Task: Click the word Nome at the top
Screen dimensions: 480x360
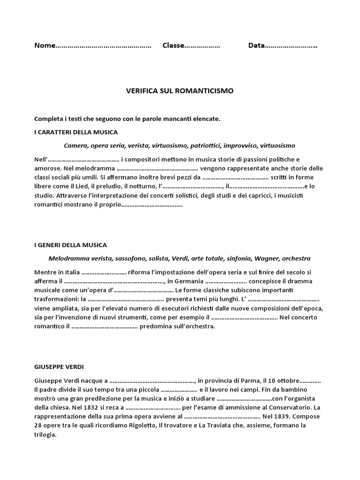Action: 45,46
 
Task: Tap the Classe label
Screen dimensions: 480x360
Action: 173,46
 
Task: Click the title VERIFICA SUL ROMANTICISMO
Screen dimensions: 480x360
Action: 180,90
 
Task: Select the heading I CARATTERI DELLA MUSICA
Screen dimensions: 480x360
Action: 76,132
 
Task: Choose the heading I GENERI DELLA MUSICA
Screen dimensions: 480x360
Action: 71,245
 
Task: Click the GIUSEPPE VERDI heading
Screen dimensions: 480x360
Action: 59,366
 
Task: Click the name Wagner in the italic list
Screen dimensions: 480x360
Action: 269,258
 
